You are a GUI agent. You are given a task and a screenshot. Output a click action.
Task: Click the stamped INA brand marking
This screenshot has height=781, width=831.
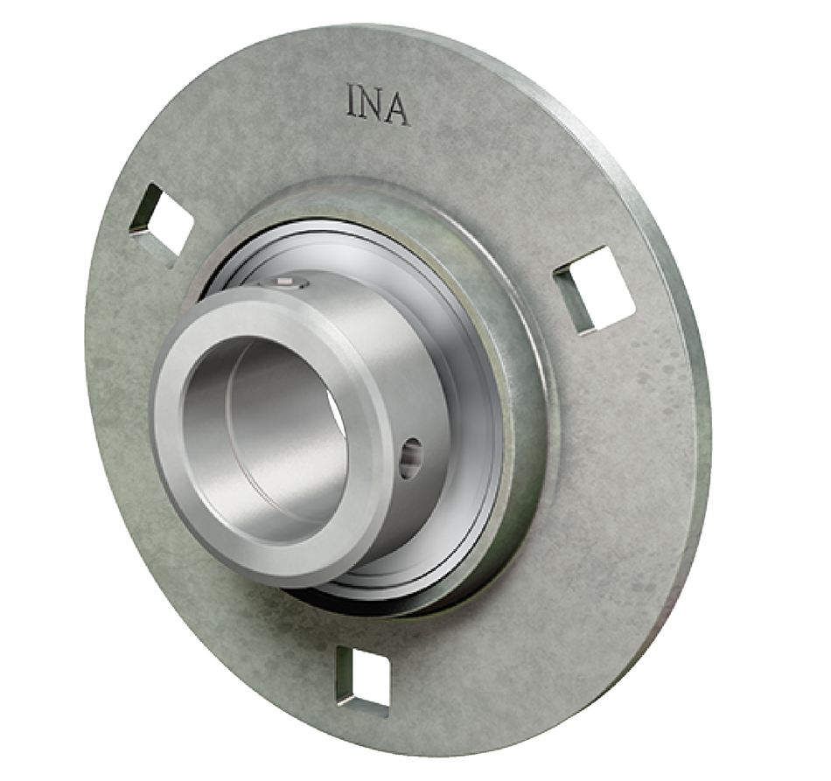pyautogui.click(x=377, y=104)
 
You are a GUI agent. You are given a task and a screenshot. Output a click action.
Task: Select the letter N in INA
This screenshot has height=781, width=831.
pyautogui.click(x=373, y=104)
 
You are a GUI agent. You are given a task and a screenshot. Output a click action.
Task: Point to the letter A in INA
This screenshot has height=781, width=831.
pyautogui.click(x=397, y=108)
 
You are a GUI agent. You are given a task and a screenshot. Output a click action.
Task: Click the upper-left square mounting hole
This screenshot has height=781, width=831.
pyautogui.click(x=163, y=216)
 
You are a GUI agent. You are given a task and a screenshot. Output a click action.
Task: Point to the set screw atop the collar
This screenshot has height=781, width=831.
pyautogui.click(x=288, y=282)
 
